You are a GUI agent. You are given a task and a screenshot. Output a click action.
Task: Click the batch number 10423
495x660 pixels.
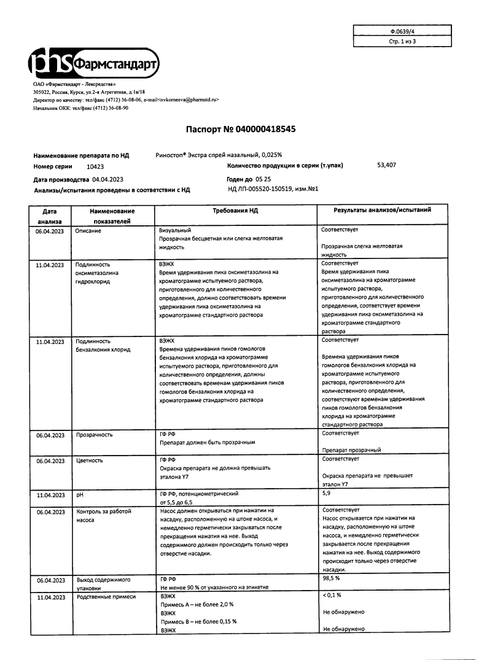[x=95, y=166]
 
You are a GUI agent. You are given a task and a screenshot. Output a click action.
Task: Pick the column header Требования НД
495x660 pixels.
[x=235, y=210]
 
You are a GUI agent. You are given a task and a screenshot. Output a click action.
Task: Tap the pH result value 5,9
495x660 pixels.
[x=326, y=492]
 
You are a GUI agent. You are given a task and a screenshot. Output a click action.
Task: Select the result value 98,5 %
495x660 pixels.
[x=331, y=578]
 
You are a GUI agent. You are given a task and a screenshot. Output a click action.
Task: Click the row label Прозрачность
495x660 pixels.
[x=93, y=435]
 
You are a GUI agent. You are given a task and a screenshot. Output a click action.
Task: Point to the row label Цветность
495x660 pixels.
[x=89, y=460]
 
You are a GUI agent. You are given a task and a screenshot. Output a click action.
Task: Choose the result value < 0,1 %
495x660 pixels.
[x=332, y=596]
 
